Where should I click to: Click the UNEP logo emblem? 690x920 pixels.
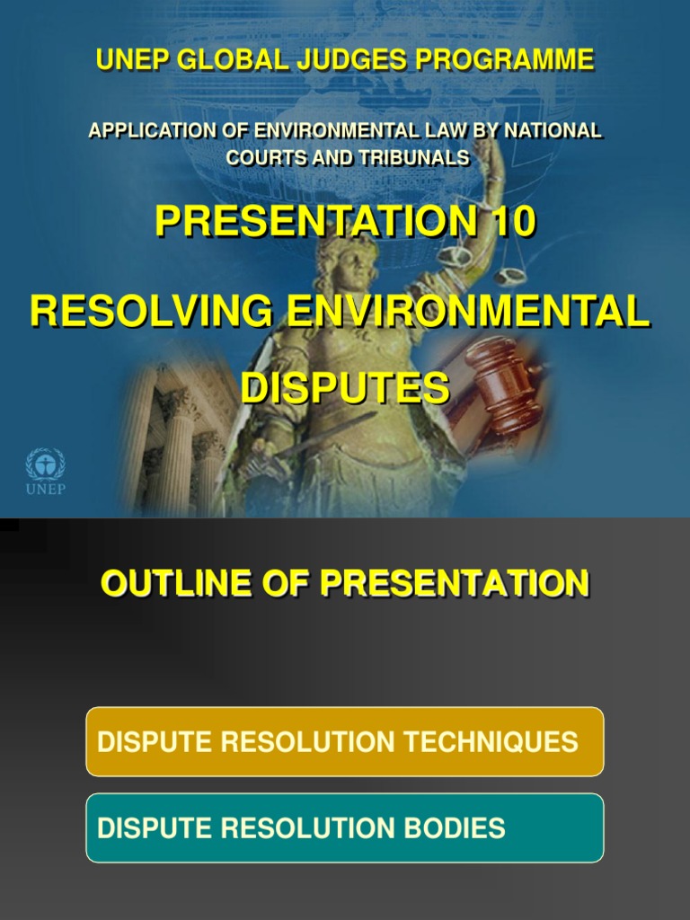pyautogui.click(x=45, y=464)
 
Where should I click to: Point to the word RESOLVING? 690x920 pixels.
pyautogui.click(x=151, y=312)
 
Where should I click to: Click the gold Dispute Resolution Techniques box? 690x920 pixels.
pyautogui.click(x=345, y=741)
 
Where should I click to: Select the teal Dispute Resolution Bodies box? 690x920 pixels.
pyautogui.click(x=345, y=827)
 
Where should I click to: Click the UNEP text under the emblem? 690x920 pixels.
pyautogui.click(x=45, y=489)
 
